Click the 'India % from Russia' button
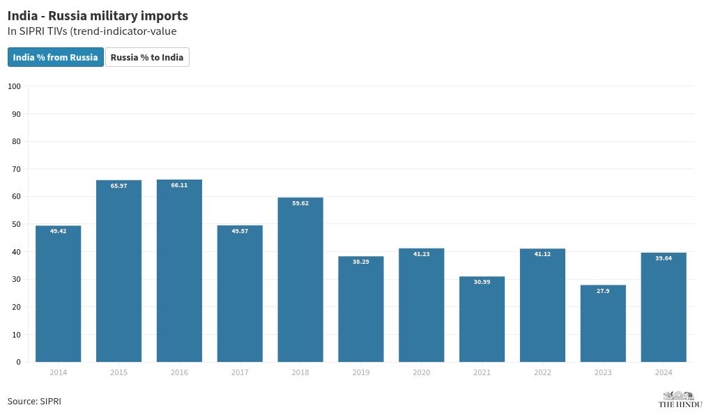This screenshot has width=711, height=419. pos(56,57)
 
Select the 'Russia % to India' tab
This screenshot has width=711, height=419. pos(147,57)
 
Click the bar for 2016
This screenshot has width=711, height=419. pos(179,271)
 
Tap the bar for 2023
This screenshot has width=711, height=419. pos(603,324)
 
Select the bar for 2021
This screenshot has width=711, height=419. pos(482,319)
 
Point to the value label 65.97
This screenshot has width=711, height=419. pos(118,186)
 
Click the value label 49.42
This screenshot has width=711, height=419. pos(58,231)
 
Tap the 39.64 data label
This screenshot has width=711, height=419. pos(664,258)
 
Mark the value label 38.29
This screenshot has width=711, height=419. pos(361,262)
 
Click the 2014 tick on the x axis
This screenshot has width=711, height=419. pos(58,373)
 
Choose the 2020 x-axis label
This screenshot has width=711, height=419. pos(421,373)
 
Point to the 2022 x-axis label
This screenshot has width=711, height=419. pos(542,373)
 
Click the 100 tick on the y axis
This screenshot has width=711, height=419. pos(14,86)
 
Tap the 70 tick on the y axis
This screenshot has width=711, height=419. pos(16,169)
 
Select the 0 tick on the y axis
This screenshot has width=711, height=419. pos(18,362)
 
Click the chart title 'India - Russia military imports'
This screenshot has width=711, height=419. pos(98,15)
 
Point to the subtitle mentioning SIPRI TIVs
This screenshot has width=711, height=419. pos(92,31)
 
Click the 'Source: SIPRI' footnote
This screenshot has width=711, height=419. pos(34,402)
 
